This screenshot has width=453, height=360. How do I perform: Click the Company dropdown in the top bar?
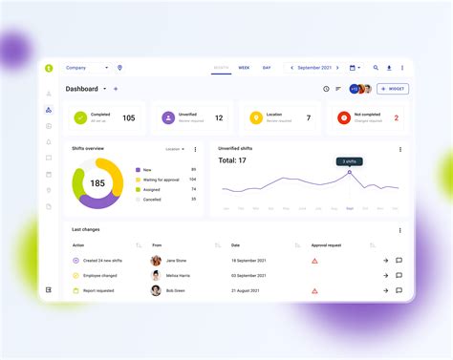[86, 68]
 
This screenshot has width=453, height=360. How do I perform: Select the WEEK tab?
[244, 68]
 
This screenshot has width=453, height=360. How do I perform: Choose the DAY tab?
[267, 68]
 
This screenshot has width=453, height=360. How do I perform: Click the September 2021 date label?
[314, 68]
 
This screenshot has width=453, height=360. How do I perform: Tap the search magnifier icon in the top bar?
[376, 68]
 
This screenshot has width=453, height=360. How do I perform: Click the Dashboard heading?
[81, 89]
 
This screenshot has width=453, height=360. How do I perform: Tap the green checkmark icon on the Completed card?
[80, 118]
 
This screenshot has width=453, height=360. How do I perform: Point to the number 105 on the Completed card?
[128, 118]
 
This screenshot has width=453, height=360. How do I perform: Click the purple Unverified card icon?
[168, 118]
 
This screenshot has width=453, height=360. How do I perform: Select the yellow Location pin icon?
[255, 118]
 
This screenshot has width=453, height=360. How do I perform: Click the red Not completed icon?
[344, 118]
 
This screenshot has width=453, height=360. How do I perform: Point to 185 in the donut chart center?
[97, 182]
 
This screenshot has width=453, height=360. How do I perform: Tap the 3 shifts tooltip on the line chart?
[349, 161]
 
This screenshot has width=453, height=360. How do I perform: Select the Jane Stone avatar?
[156, 260]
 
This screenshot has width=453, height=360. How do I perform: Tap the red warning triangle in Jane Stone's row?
[314, 260]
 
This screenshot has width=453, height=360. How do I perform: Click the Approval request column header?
[327, 245]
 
